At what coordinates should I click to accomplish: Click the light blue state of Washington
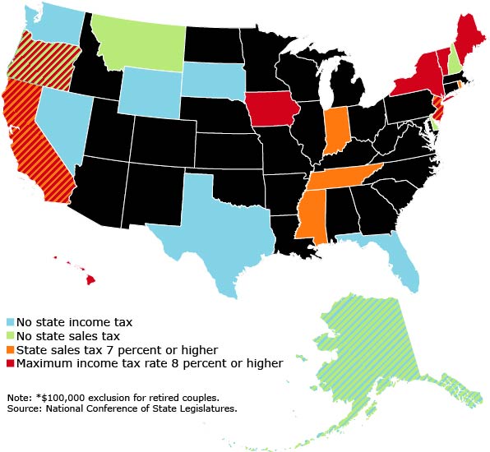tap(53, 21)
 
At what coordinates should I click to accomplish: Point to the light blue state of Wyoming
tap(150, 90)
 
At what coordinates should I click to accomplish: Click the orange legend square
tap(10, 349)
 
